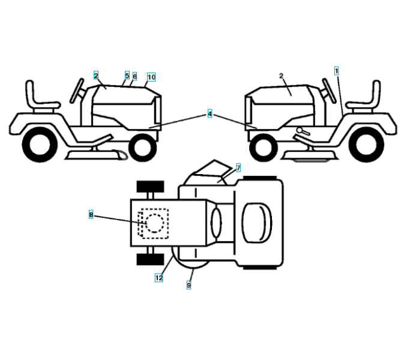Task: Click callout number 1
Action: (337, 70)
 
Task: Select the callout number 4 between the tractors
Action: (210, 113)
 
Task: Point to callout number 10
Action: (151, 77)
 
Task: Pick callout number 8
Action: (91, 214)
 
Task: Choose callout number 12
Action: (158, 277)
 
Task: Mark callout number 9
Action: (188, 286)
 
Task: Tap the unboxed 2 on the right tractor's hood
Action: (281, 76)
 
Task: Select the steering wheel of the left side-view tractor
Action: (77, 90)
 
